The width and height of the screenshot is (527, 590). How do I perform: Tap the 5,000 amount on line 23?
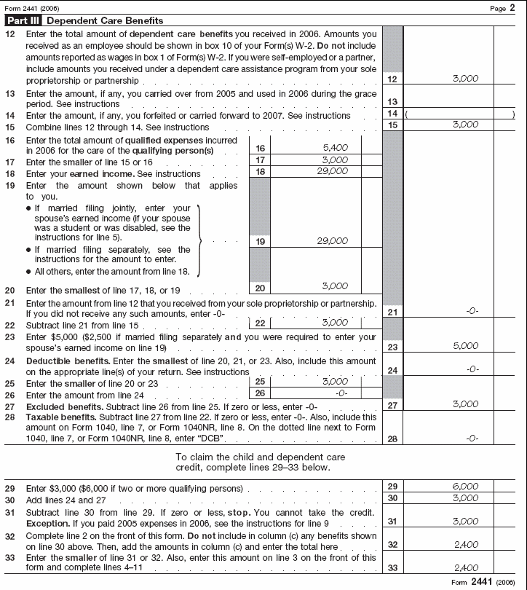click(x=465, y=346)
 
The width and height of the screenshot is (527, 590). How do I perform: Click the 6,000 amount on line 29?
click(x=465, y=486)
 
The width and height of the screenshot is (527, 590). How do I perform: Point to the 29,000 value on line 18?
click(x=332, y=171)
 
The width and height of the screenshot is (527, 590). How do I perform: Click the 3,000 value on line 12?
click(x=465, y=78)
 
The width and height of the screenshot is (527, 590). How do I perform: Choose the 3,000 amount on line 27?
click(x=465, y=404)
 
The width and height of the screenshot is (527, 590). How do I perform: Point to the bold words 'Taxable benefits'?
click(x=55, y=417)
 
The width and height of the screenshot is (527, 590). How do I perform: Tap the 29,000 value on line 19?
click(x=332, y=241)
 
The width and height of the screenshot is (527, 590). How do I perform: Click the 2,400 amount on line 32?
click(x=465, y=543)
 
